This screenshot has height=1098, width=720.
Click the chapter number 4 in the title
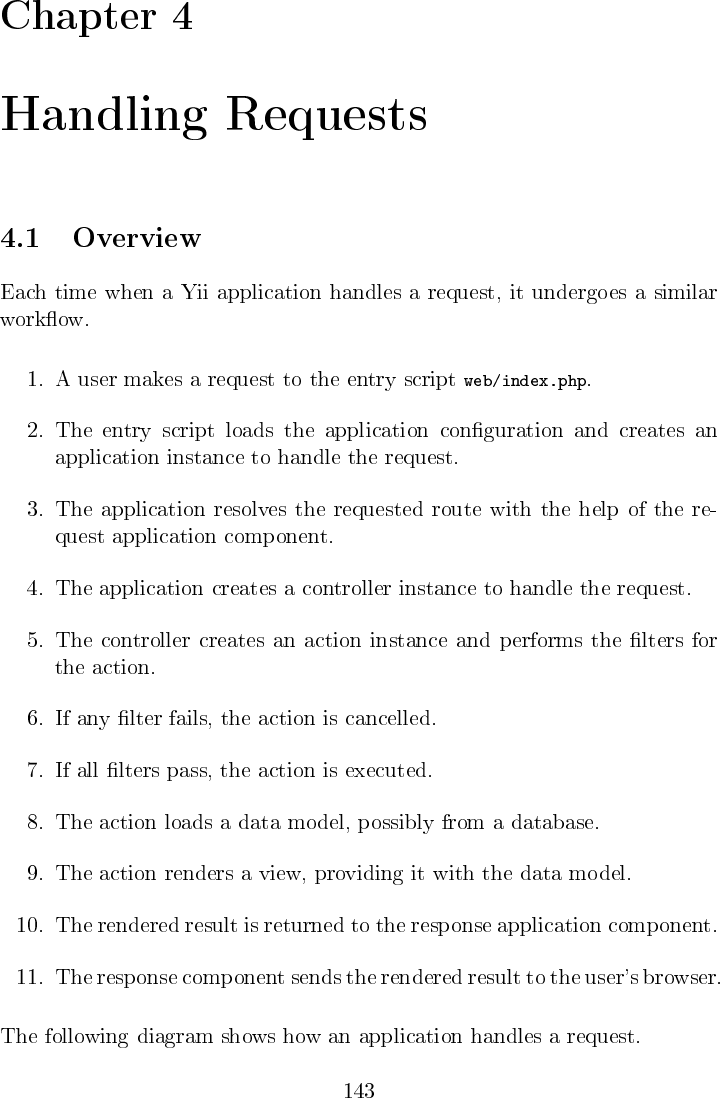point(181,19)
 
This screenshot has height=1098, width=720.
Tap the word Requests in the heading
point(326,117)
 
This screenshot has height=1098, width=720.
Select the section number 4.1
point(20,239)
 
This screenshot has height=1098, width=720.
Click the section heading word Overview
point(137,239)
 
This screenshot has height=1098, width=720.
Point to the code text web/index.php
point(527,380)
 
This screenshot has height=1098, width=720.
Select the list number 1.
point(34,380)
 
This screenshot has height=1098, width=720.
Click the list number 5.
point(34,640)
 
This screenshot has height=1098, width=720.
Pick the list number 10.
point(30,925)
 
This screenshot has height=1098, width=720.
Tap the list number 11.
point(30,976)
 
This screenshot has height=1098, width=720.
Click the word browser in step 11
point(684,976)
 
